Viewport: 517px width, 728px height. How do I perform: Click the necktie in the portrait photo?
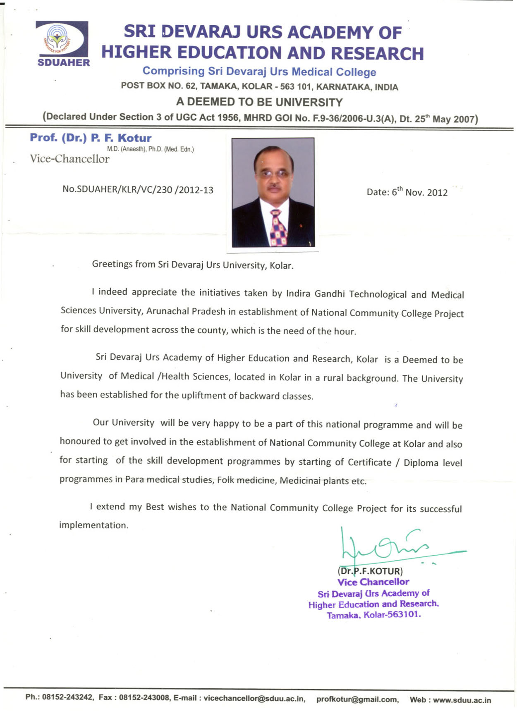point(278,228)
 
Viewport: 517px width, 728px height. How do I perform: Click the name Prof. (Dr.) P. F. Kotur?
point(90,138)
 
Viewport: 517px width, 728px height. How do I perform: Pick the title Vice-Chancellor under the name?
point(69,159)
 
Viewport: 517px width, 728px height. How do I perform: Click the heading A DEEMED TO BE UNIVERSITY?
point(259,102)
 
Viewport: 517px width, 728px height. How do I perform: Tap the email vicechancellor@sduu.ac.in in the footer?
point(254,698)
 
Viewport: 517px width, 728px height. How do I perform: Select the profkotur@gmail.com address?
point(357,699)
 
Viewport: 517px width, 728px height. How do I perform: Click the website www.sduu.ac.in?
point(462,700)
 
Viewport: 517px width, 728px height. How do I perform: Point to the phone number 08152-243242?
point(68,697)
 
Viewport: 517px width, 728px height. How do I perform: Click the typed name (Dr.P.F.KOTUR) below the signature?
point(370,571)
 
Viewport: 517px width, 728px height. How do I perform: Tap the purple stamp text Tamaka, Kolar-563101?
point(374,615)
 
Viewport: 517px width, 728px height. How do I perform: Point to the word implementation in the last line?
point(93,525)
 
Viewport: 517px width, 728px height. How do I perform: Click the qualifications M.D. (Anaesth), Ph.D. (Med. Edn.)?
point(150,149)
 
